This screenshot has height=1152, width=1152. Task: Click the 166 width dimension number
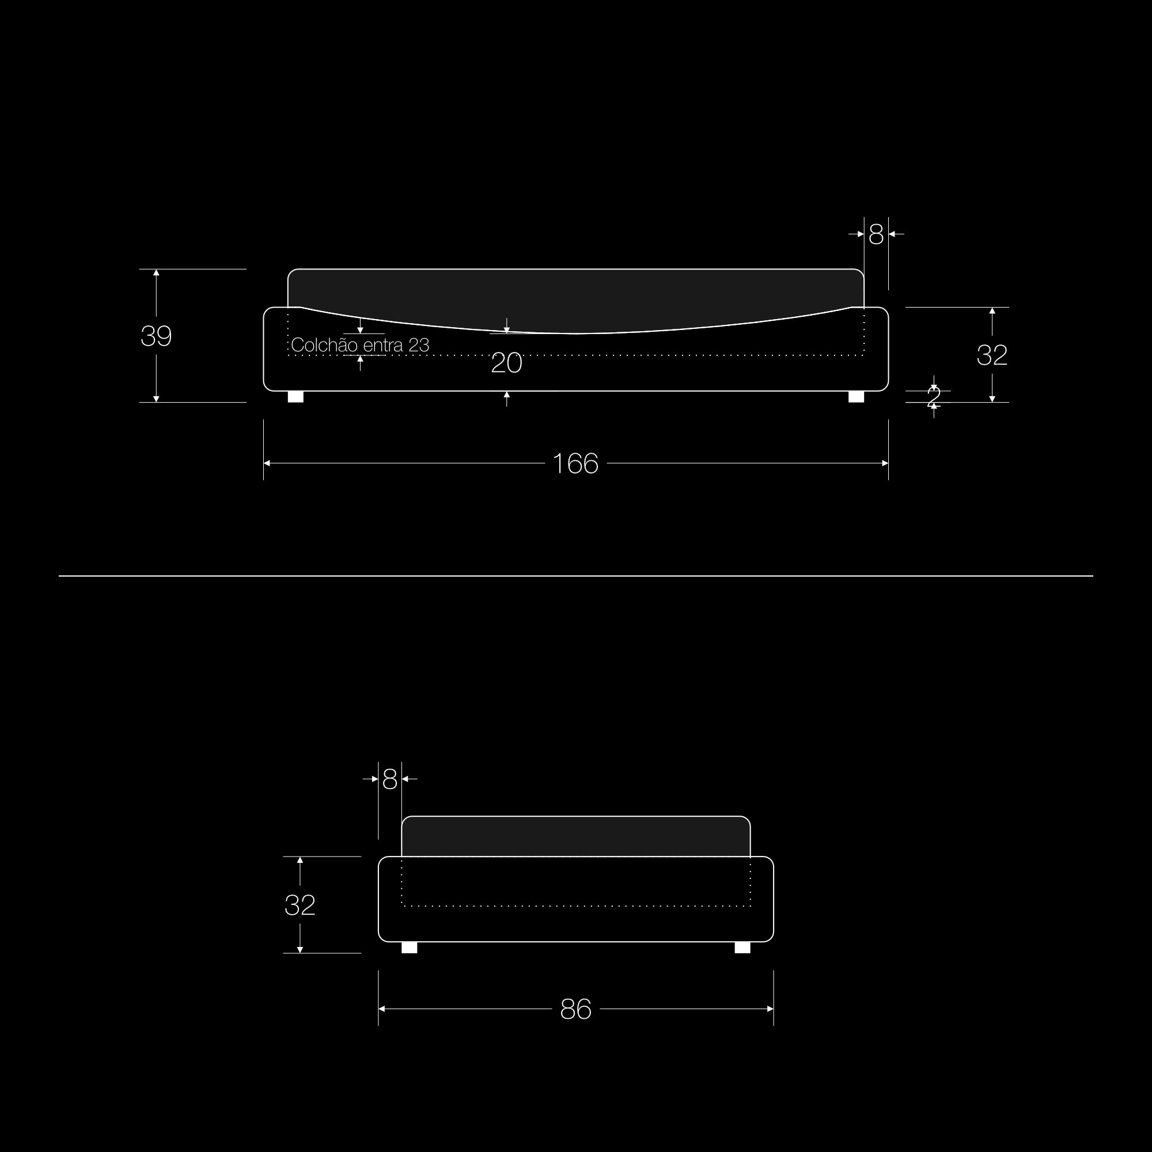click(575, 464)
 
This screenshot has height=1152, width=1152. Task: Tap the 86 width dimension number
click(575, 1010)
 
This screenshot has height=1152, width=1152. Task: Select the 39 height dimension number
click(156, 336)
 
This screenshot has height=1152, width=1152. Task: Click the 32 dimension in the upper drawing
click(992, 355)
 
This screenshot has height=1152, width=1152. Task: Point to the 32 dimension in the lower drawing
click(300, 905)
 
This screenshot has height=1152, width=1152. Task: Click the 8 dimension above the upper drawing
click(876, 235)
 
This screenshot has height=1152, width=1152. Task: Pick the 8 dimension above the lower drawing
click(390, 779)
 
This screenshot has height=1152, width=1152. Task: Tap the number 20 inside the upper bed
click(507, 363)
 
